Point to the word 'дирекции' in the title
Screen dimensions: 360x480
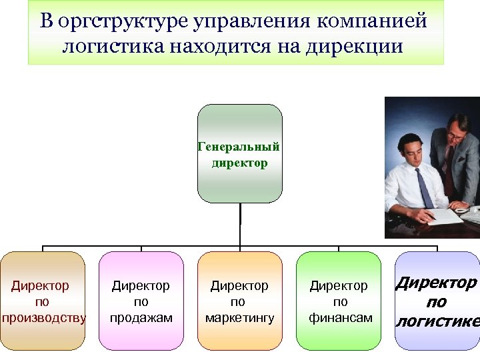365,47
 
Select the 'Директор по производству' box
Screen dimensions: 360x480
43,301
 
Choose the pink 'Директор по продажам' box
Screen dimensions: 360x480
141,301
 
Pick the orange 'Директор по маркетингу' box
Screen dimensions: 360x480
240,301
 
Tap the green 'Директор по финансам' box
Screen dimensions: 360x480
339,301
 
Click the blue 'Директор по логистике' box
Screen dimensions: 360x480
437,301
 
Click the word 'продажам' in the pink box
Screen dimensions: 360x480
141,318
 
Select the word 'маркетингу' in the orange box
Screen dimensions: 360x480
240,318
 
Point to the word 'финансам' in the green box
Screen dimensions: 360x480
340,318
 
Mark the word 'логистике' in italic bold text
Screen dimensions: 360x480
438,322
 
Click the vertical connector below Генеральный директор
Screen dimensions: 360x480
240,224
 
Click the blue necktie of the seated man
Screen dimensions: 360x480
423,186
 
